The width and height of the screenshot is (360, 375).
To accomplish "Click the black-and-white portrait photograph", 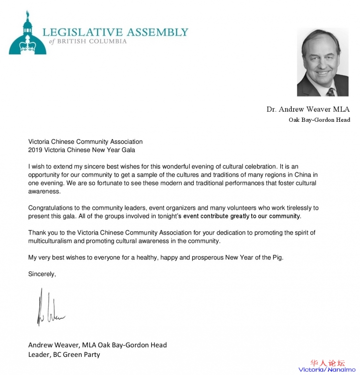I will (x=323, y=62).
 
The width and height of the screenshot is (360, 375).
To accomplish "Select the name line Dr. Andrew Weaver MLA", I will (x=308, y=109).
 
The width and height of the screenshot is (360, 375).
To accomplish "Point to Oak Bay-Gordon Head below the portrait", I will (x=319, y=120).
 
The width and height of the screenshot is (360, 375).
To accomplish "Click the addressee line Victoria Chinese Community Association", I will (x=85, y=142).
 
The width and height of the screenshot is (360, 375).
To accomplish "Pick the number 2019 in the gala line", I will (x=36, y=150).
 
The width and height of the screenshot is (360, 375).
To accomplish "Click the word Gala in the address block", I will (x=127, y=150).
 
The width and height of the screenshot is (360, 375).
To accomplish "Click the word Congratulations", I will (x=52, y=208).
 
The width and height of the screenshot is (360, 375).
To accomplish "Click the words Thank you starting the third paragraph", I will (x=42, y=233).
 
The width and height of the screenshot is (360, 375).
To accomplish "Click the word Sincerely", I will (x=42, y=274).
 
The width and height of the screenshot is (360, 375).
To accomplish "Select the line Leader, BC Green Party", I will (x=64, y=354).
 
